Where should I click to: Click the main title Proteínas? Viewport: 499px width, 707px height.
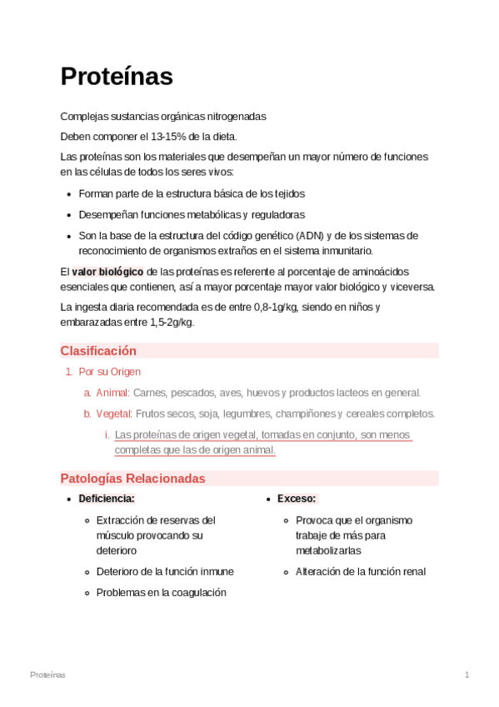tap(117, 77)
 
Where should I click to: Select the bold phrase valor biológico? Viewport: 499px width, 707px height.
tap(107, 272)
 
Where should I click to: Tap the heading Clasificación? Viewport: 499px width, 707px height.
tap(98, 351)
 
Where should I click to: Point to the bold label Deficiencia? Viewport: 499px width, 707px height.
tap(107, 499)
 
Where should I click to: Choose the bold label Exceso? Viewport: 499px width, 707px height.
tap(297, 499)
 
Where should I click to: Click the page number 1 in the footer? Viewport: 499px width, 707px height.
tap(467, 674)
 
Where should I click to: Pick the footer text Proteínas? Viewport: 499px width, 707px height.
tap(47, 674)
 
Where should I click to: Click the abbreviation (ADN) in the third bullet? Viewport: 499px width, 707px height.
tap(302, 235)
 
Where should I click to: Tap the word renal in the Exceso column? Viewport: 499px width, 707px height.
tap(412, 572)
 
